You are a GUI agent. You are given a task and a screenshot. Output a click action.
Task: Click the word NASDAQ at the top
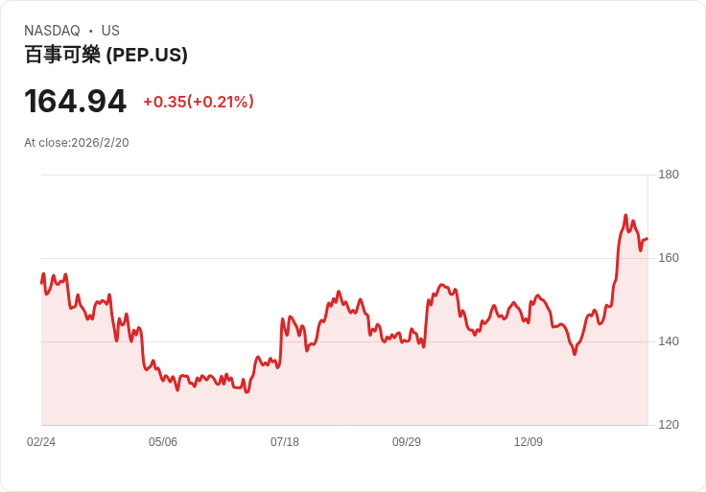click(52, 31)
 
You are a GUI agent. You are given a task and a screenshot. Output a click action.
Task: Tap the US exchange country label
click(110, 31)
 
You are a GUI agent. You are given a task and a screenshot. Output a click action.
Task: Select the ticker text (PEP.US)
click(147, 55)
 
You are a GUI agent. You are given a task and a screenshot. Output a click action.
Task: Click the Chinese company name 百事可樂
click(62, 55)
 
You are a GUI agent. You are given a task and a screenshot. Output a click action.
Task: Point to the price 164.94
click(75, 102)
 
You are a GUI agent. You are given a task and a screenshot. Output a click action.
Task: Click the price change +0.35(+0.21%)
click(199, 102)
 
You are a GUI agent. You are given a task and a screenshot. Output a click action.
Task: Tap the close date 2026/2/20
click(100, 143)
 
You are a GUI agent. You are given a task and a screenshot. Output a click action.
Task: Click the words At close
click(46, 143)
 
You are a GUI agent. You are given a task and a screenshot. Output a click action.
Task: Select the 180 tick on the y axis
click(669, 175)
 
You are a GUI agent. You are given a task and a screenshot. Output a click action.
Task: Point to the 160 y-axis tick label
click(669, 258)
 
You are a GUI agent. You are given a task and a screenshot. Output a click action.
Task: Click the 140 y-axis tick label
click(669, 341)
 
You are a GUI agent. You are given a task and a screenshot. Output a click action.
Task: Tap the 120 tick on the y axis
click(669, 425)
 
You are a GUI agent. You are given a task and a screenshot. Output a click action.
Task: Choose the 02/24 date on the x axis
click(41, 442)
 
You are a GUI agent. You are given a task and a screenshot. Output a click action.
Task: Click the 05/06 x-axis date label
click(163, 442)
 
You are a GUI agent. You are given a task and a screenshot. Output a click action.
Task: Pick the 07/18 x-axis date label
click(285, 442)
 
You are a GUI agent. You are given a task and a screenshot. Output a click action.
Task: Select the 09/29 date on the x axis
click(407, 442)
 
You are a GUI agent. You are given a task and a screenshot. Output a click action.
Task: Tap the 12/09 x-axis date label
click(529, 442)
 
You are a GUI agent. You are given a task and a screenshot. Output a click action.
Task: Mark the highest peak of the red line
click(625, 215)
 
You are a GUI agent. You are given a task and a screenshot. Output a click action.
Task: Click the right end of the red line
click(647, 239)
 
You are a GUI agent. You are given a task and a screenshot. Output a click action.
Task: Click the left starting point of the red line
click(41, 283)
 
